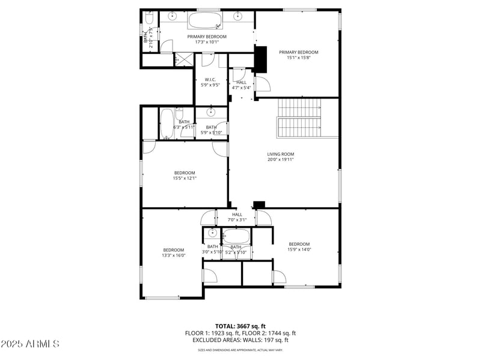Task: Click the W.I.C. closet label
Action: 210,80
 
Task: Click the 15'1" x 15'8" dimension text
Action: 298,58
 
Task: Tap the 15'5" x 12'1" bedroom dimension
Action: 185,178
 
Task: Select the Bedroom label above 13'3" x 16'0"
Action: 174,250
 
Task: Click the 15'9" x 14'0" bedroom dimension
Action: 299,249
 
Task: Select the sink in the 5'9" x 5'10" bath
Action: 211,112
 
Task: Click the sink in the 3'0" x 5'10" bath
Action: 212,233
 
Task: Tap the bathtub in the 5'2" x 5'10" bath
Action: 236,236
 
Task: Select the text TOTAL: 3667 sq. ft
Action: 240,326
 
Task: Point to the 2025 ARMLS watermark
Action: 30,344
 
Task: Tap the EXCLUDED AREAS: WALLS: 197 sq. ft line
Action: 240,340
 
